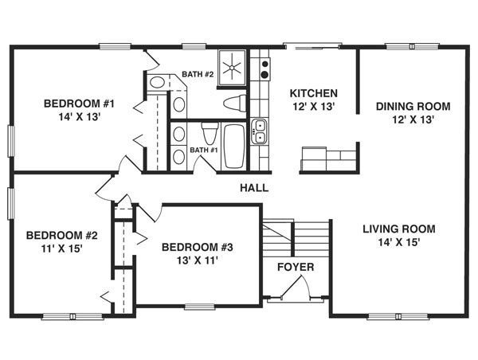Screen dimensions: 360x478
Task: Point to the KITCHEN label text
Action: point(313,93)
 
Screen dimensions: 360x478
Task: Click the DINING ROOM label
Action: point(413,106)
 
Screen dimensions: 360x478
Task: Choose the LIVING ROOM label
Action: point(398,229)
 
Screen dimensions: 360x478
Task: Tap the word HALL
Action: point(254,189)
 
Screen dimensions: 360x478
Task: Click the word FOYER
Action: point(295,267)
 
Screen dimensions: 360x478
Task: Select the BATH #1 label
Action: point(204,150)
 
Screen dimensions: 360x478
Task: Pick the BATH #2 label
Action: point(198,75)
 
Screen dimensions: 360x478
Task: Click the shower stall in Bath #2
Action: point(233,66)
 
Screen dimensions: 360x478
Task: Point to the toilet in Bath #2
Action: point(234,103)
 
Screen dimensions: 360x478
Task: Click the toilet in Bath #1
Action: point(210,131)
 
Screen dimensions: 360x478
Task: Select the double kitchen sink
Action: point(259,132)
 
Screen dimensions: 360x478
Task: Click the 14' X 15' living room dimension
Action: point(398,242)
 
